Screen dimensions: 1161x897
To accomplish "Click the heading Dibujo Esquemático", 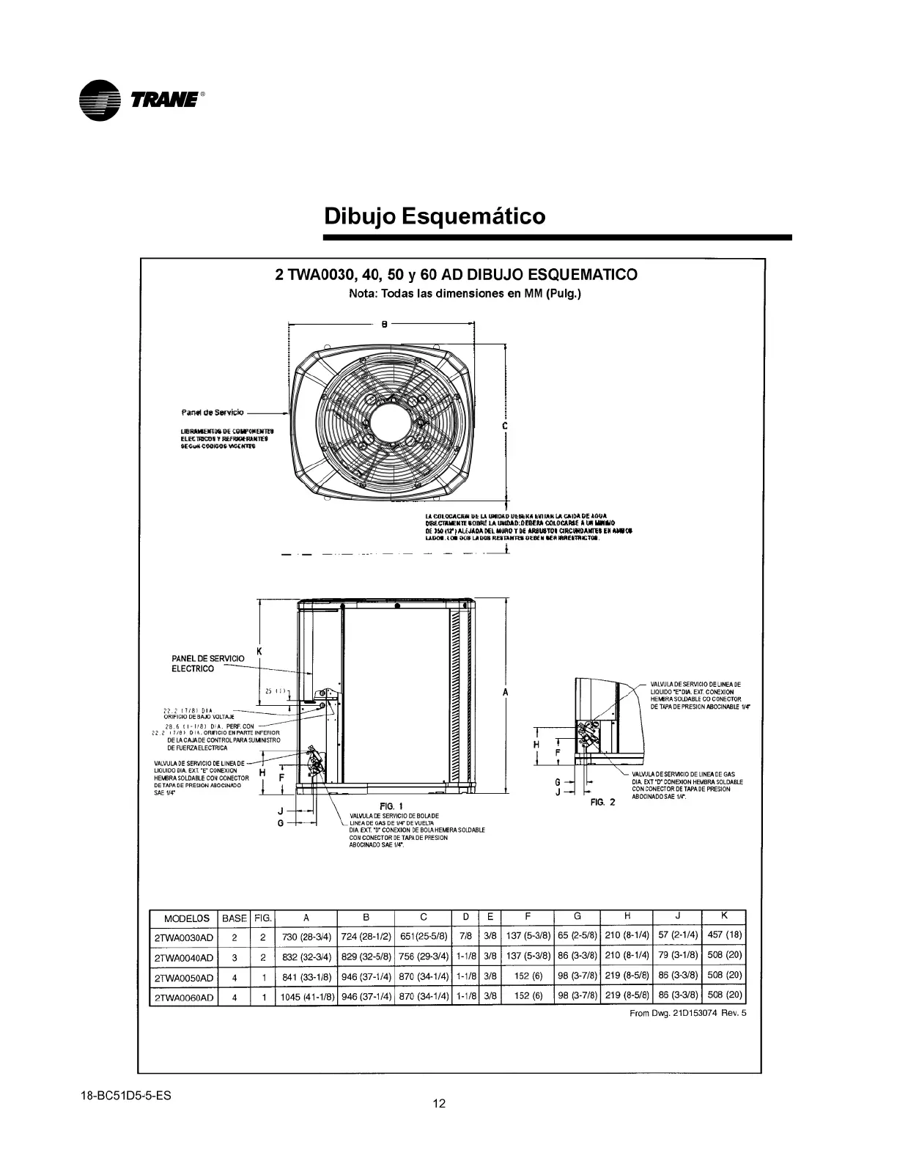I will pyautogui.click(x=435, y=217).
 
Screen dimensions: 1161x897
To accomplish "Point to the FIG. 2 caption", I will pyautogui.click(x=602, y=803).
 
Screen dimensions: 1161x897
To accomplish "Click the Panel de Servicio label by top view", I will pyautogui.click(x=213, y=413).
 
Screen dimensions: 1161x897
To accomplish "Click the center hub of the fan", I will pyautogui.click(x=391, y=423).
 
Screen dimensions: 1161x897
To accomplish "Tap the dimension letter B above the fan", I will pyautogui.click(x=384, y=325).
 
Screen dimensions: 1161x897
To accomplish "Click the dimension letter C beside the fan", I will pyautogui.click(x=506, y=426).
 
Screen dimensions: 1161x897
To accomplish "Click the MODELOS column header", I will pyautogui.click(x=186, y=918).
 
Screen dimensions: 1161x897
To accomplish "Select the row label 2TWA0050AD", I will pyautogui.click(x=184, y=978).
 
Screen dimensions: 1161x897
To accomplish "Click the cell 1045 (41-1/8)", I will pyautogui.click(x=306, y=997).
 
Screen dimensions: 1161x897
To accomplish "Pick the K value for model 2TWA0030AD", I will pyautogui.click(x=724, y=935).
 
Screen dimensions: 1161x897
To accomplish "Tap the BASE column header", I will pyautogui.click(x=235, y=918).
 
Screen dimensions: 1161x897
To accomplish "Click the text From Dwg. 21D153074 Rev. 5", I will pyautogui.click(x=688, y=1014).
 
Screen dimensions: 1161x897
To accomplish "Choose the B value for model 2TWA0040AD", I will pyautogui.click(x=366, y=957).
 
